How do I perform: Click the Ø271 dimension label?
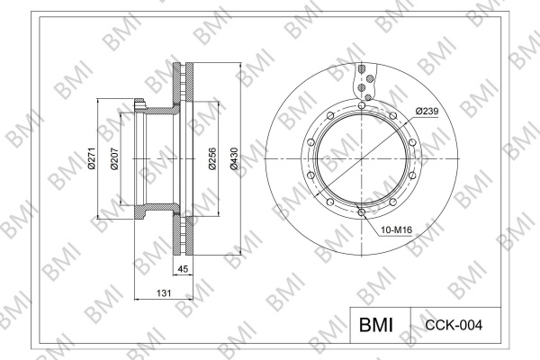(x=92, y=158)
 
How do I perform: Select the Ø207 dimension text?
(x=114, y=158)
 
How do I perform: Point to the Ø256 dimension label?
(x=212, y=158)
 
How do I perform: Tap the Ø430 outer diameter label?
(x=234, y=158)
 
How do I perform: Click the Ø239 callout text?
(x=427, y=112)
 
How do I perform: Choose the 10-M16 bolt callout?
(x=396, y=229)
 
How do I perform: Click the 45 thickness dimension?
(x=183, y=269)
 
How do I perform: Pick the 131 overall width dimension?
(x=164, y=293)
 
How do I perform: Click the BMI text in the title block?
(x=376, y=325)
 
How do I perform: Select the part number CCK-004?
(x=454, y=325)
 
